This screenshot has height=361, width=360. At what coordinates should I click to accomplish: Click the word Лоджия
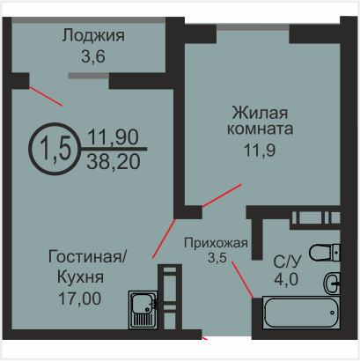point(93,36)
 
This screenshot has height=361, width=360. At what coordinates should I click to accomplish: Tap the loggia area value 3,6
point(93,56)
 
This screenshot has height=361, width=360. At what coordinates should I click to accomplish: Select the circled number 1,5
point(55,149)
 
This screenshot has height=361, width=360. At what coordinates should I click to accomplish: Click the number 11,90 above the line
point(113,137)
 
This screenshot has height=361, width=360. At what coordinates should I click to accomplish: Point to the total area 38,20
point(114,162)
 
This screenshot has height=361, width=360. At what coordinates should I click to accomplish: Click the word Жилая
point(260,113)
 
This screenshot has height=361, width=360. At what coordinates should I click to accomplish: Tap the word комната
point(260,129)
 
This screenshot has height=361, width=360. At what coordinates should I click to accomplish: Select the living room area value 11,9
point(260,151)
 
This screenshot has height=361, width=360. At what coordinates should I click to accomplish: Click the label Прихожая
point(216,243)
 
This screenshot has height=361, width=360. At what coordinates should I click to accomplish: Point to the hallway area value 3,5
point(217,257)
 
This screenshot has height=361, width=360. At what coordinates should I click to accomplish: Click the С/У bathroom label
point(287,262)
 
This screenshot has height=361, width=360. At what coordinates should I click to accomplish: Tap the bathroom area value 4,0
point(286,279)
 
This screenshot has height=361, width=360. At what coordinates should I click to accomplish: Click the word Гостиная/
point(87,256)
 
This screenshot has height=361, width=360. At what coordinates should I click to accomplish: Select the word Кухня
point(80,276)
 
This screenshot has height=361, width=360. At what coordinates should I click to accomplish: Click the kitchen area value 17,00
point(79,298)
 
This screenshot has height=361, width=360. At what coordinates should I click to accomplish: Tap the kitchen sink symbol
point(143,310)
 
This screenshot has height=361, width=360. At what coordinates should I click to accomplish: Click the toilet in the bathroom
point(325,253)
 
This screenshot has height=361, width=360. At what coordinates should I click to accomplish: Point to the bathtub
point(301,313)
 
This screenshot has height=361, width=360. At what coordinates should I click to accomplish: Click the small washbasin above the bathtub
point(332,284)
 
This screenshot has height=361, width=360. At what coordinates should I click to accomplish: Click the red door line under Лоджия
point(46,96)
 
